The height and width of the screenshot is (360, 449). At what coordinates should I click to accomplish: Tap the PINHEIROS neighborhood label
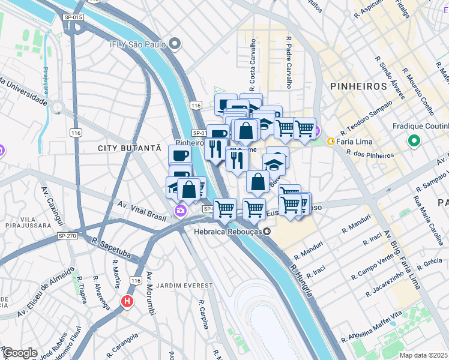coord(358,86)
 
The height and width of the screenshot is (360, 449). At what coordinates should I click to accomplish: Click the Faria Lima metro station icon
coord(331,141)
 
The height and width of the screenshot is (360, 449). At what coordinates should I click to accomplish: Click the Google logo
coord(20,353)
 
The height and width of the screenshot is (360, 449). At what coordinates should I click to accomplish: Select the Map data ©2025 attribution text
coord(424,355)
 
